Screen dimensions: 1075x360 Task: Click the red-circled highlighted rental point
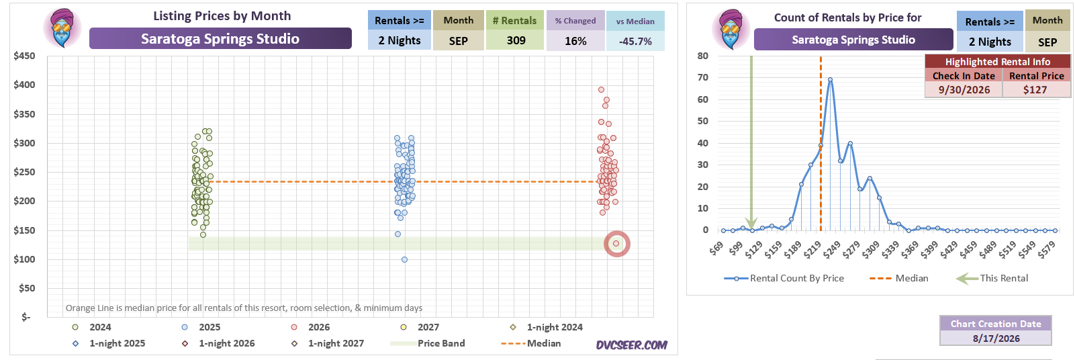click(616, 244)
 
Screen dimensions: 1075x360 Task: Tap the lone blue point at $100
click(405, 260)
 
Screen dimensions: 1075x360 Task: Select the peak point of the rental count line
click(830, 80)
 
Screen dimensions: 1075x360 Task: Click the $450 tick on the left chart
click(24, 56)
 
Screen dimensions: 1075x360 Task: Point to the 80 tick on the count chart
click(702, 56)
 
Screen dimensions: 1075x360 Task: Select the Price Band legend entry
click(428, 344)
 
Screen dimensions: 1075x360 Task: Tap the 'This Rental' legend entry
click(992, 279)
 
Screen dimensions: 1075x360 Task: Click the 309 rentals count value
click(516, 41)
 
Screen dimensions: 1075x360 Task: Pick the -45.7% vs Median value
click(635, 41)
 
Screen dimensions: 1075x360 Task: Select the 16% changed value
click(575, 41)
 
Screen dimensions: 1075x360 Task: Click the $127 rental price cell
click(1035, 90)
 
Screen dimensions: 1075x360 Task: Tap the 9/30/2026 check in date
click(964, 90)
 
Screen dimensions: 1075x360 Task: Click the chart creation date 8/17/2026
click(996, 339)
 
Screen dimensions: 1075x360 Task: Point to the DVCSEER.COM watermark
click(632, 345)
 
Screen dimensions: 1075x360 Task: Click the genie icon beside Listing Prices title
click(62, 28)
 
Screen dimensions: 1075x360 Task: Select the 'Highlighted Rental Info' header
click(998, 61)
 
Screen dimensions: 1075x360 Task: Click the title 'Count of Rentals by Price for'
click(847, 17)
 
